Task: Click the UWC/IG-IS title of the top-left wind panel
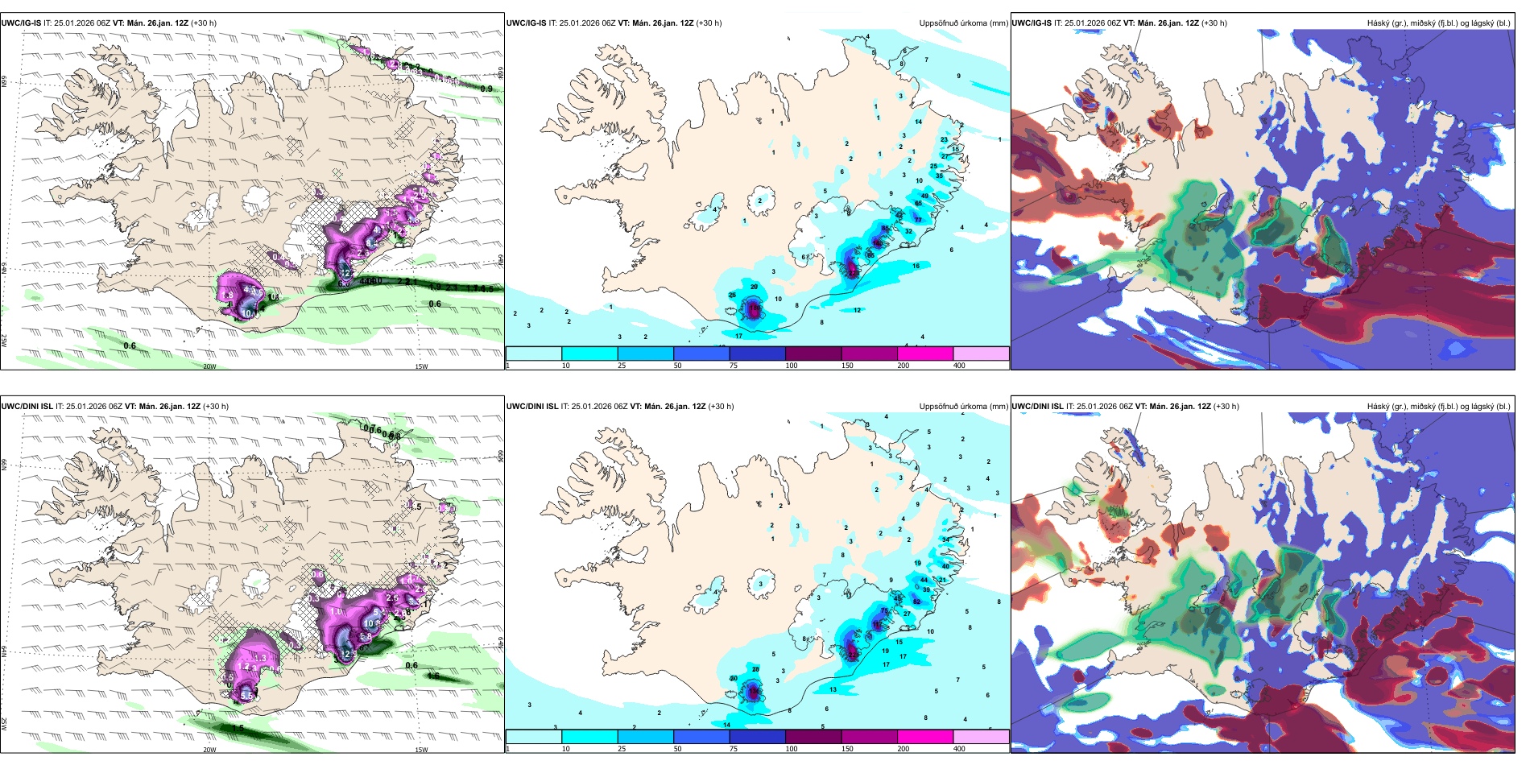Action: (x=21, y=23)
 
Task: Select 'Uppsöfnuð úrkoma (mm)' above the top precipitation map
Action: (x=963, y=23)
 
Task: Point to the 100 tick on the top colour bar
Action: (x=792, y=366)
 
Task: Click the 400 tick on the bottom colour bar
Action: (x=959, y=749)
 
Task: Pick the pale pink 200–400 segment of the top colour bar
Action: (x=981, y=354)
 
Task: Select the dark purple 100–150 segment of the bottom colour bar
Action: (x=813, y=737)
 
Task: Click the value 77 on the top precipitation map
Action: (x=917, y=220)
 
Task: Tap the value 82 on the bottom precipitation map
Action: (x=916, y=602)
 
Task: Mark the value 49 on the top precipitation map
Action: (x=924, y=196)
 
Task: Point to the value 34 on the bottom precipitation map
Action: (x=945, y=540)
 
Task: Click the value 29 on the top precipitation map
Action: (x=754, y=287)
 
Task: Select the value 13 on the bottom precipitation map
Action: (x=833, y=690)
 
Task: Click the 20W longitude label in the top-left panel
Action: (x=209, y=366)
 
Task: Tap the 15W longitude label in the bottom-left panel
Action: (x=421, y=750)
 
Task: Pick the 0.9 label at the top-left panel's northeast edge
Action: (x=486, y=89)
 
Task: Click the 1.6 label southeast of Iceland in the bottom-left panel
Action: (x=433, y=676)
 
